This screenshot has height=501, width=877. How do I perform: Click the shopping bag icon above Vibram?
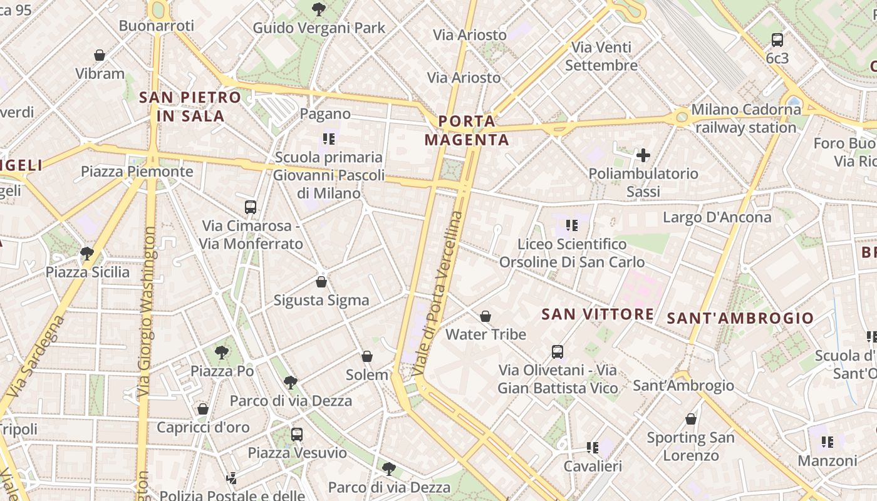pyautogui.click(x=99, y=55)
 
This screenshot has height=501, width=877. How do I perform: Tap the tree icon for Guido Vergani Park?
pyautogui.click(x=319, y=9)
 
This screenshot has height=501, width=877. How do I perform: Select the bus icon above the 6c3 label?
pyautogui.click(x=777, y=40)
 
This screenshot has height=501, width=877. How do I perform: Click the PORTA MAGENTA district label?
pyautogui.click(x=467, y=130)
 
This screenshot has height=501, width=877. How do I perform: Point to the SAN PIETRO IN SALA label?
pyautogui.click(x=190, y=106)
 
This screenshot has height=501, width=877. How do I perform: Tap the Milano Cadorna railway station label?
pyautogui.click(x=745, y=118)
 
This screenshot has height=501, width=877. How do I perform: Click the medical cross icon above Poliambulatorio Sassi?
pyautogui.click(x=643, y=155)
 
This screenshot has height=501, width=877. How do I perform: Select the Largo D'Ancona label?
pyautogui.click(x=717, y=217)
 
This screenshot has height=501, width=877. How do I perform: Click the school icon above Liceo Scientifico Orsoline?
pyautogui.click(x=571, y=225)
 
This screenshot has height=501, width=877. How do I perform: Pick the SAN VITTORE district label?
pyautogui.click(x=598, y=314)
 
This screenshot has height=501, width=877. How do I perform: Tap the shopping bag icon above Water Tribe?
pyautogui.click(x=485, y=316)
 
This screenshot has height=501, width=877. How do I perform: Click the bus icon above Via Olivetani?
pyautogui.click(x=558, y=352)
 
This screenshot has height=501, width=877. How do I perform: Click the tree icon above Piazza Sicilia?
pyautogui.click(x=87, y=254)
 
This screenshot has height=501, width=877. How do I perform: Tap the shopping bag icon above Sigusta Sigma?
pyautogui.click(x=321, y=282)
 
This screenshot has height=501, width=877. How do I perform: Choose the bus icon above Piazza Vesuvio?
pyautogui.click(x=297, y=434)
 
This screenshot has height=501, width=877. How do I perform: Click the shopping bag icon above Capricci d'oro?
pyautogui.click(x=203, y=409)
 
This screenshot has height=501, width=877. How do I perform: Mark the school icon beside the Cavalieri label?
pyautogui.click(x=592, y=447)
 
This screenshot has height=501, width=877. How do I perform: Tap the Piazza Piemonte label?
pyautogui.click(x=137, y=171)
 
